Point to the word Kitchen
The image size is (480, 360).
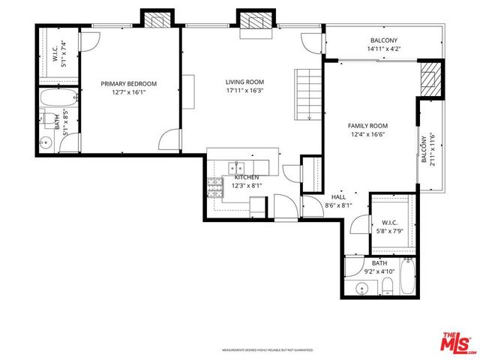pyautogui.click(x=246, y=177)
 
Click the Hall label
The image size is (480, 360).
pyautogui.click(x=337, y=197)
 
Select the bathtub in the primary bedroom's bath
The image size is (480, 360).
pyautogui.click(x=57, y=97)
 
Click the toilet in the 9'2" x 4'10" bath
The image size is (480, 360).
pyautogui.click(x=388, y=286)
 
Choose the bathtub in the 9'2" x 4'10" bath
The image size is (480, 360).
pyautogui.click(x=407, y=277)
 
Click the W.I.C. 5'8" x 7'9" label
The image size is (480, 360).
pyautogui.click(x=389, y=226)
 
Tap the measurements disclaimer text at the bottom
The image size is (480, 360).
pyautogui.click(x=266, y=350)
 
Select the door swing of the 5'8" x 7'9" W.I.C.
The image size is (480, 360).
pyautogui.click(x=360, y=226)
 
